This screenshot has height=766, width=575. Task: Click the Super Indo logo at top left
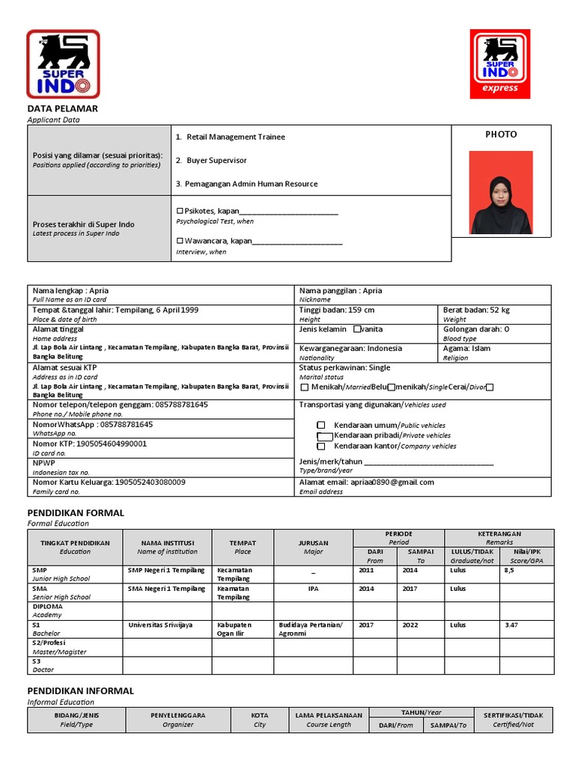(x=63, y=64)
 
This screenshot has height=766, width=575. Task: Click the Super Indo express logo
(x=499, y=64)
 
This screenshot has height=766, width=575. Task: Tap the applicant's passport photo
(x=501, y=192)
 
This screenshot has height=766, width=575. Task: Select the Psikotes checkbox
(x=180, y=212)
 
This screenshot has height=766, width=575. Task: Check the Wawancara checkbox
(x=180, y=241)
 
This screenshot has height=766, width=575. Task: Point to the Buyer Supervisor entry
(x=216, y=161)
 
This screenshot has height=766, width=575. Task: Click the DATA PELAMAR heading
(x=63, y=109)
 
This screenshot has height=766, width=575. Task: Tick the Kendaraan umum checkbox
(x=320, y=424)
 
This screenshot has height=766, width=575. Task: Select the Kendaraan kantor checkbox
(x=320, y=446)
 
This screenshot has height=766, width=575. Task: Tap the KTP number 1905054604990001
(x=112, y=444)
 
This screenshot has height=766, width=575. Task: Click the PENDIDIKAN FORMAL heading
(x=76, y=513)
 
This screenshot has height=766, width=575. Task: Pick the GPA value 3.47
(x=511, y=625)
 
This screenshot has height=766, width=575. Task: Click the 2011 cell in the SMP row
(x=366, y=570)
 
